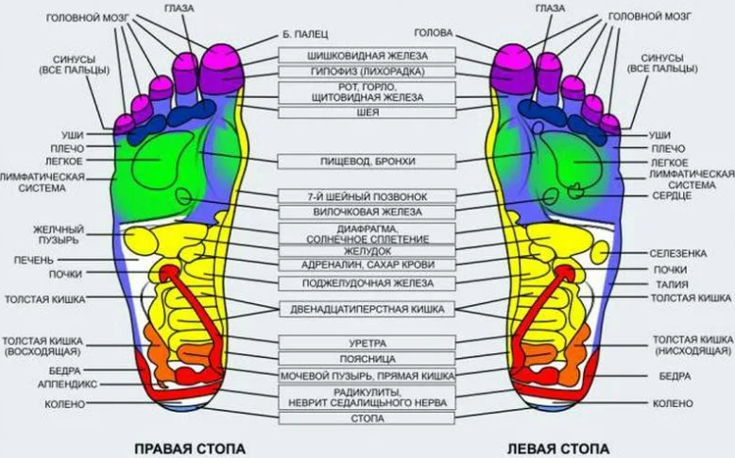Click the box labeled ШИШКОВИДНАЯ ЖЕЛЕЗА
click(x=367, y=56)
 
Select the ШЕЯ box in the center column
click(x=367, y=112)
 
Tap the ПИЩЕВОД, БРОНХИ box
click(x=367, y=161)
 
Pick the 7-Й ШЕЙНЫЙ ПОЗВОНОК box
click(x=367, y=196)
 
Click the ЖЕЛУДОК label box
click(x=367, y=251)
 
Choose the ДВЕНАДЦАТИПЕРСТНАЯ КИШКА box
click(x=367, y=310)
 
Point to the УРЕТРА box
click(x=367, y=343)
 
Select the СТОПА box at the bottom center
click(x=367, y=418)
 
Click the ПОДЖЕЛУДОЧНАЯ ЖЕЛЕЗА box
click(x=367, y=283)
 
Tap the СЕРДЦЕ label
click(x=672, y=195)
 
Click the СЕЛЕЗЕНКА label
click(x=677, y=254)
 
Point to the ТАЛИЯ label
click(x=673, y=284)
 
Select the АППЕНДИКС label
click(x=67, y=384)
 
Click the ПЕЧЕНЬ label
click(x=34, y=260)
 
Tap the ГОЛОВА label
click(x=433, y=33)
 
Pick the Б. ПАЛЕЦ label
click(x=305, y=34)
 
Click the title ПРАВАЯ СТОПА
click(x=190, y=449)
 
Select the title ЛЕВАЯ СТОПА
click(x=557, y=449)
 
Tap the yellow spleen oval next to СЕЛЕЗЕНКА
click(x=600, y=253)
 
